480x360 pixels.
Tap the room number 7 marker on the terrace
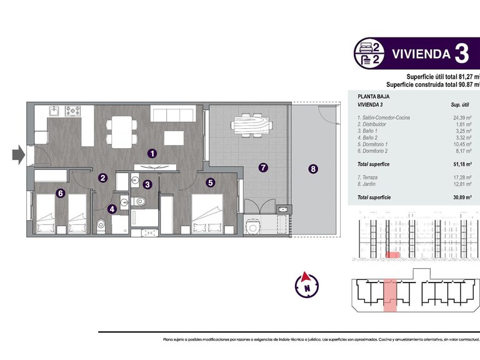tap(263, 167)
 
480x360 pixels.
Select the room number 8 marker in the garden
tap(313, 168)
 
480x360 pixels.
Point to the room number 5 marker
tap(211, 182)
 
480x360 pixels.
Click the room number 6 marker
tap(60, 193)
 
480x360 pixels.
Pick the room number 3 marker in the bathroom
tap(147, 184)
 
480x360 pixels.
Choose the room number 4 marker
tap(112, 210)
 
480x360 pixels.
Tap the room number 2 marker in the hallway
tap(102, 177)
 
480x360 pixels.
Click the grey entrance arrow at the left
tap(18, 154)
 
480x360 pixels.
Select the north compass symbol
tap(307, 285)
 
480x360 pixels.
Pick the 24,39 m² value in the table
tap(461, 117)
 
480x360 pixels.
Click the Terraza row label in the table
tap(369, 178)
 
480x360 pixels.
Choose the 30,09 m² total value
tap(461, 197)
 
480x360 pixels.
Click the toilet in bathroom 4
tap(101, 222)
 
